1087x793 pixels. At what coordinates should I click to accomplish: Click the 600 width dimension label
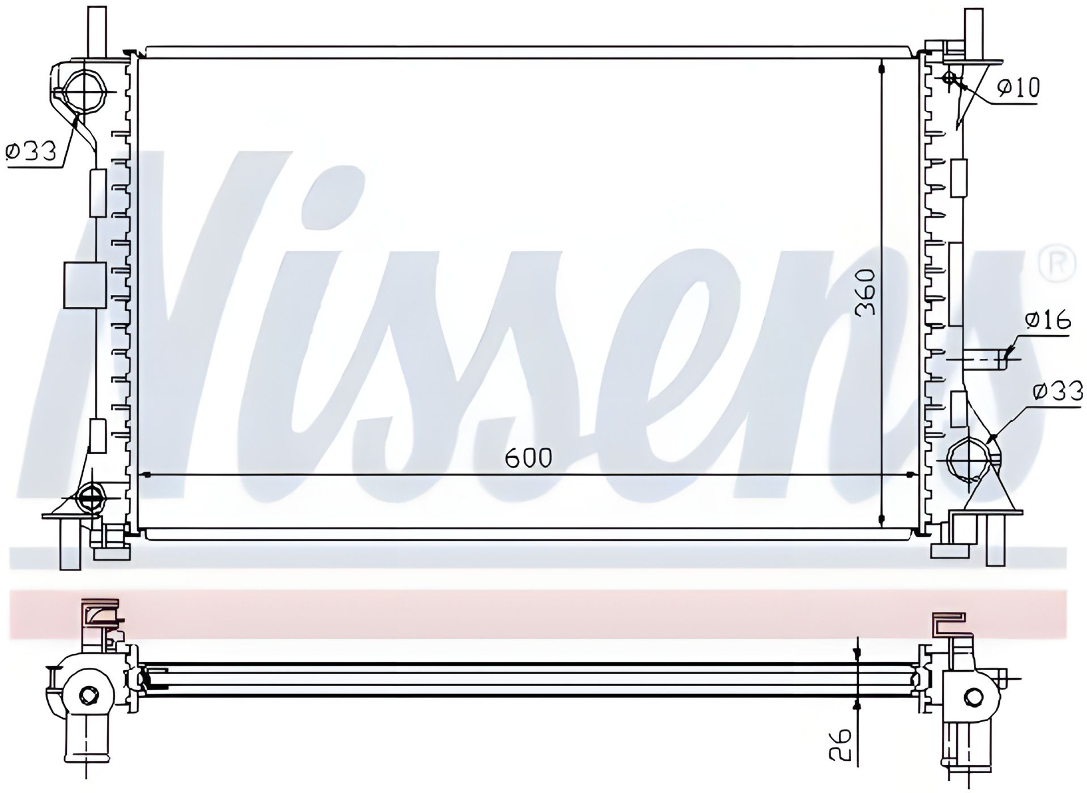[528, 458]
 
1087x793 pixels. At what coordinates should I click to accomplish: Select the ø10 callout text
[1018, 88]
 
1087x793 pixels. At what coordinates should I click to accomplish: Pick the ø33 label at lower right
[1058, 391]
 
